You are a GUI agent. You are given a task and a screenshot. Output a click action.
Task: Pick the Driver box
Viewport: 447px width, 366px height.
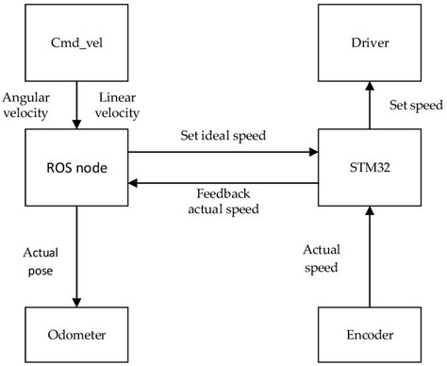[x=366, y=42]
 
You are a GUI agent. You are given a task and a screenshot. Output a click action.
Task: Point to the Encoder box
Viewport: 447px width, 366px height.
[x=366, y=333]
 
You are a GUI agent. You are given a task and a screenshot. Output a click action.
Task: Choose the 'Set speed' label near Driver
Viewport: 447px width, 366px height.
[x=408, y=105]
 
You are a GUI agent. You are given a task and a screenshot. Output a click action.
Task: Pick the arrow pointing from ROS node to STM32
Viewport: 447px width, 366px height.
[x=223, y=150]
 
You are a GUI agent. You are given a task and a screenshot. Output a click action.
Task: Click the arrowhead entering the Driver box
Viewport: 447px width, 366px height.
[x=366, y=83]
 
